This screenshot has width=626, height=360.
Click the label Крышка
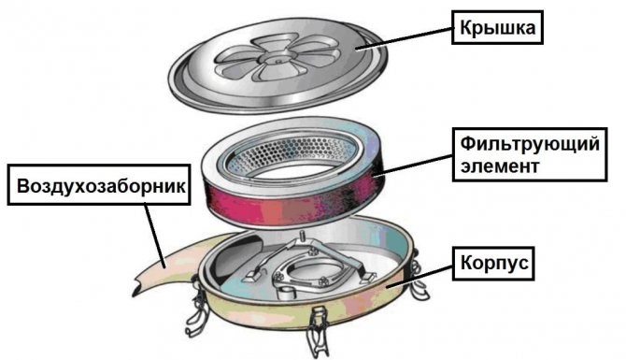[x=497, y=27]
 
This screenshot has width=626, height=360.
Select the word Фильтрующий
[x=530, y=144]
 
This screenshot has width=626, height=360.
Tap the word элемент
[x=500, y=166]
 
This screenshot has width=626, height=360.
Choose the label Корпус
[x=493, y=264]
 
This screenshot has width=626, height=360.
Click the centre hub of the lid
[x=277, y=60]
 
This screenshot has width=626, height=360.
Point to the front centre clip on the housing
[x=318, y=331]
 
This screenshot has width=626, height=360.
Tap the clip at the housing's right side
[x=419, y=276]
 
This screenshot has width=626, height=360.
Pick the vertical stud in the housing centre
[x=302, y=236]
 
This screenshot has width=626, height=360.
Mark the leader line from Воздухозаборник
[x=154, y=236]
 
